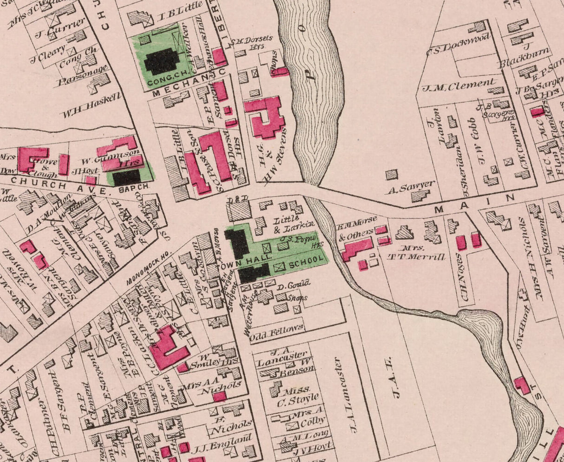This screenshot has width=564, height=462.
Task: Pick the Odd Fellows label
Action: (276, 328)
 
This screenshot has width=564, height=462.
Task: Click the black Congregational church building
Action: (161, 61)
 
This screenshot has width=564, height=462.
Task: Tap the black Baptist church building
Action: (126, 177)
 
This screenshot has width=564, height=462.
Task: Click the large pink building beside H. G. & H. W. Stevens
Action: (265, 116)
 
